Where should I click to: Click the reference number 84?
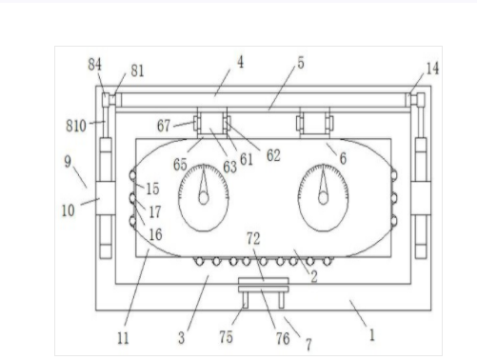pyautogui.click(x=95, y=65)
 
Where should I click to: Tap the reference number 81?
pyautogui.click(x=137, y=70)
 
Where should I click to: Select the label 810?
pyautogui.click(x=76, y=126)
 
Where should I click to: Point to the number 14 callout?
pyautogui.click(x=432, y=69)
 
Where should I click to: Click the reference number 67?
pyautogui.click(x=164, y=126)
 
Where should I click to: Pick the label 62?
pyautogui.click(x=273, y=155)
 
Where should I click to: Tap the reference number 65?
pyautogui.click(x=180, y=165)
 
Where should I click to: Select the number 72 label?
pyautogui.click(x=253, y=238)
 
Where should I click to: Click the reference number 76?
pyautogui.click(x=283, y=339)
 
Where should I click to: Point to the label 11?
pyautogui.click(x=123, y=338)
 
